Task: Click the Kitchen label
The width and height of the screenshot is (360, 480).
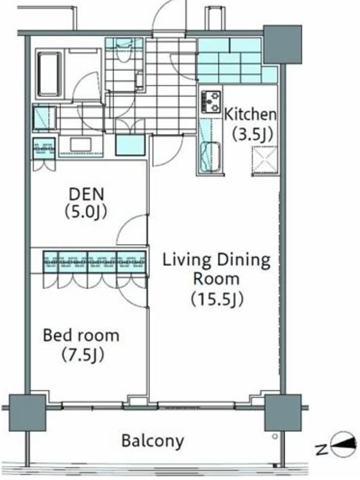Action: (250, 115)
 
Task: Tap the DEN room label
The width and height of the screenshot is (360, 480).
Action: (86, 194)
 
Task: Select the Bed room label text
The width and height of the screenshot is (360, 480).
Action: (81, 335)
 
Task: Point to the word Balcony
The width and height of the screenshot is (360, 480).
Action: (153, 442)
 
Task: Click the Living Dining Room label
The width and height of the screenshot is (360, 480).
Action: (217, 269)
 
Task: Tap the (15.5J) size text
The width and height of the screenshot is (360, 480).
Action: (217, 299)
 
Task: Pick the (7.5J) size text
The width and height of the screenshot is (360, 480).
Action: (83, 355)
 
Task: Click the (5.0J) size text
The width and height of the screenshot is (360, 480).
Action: (86, 212)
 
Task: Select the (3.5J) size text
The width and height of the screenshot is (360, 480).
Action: (252, 134)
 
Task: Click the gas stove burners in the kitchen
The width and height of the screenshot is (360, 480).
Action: (211, 101)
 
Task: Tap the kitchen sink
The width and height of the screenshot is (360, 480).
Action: (211, 157)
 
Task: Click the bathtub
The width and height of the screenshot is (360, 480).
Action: (49, 74)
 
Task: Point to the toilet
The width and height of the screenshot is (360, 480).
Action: (124, 50)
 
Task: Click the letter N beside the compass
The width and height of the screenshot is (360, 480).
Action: (322, 449)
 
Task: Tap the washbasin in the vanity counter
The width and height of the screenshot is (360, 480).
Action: (80, 145)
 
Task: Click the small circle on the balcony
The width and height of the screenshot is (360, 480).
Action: (275, 437)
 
